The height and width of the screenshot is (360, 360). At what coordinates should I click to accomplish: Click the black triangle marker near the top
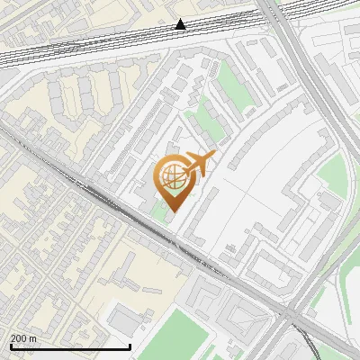click(x=181, y=24)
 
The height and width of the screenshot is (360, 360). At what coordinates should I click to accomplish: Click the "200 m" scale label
click(x=23, y=338)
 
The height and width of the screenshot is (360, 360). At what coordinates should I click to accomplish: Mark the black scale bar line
click(x=70, y=346)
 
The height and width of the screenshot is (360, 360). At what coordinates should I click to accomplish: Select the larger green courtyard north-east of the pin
click(x=232, y=85)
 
